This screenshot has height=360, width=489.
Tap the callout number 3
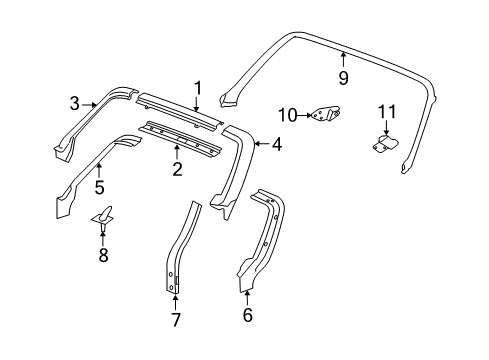[x=74, y=102]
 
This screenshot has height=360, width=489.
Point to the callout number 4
[x=277, y=144]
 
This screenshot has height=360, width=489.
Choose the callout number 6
[x=248, y=316]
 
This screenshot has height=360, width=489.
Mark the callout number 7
[x=175, y=320]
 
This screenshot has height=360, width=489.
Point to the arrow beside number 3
[x=90, y=102]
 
